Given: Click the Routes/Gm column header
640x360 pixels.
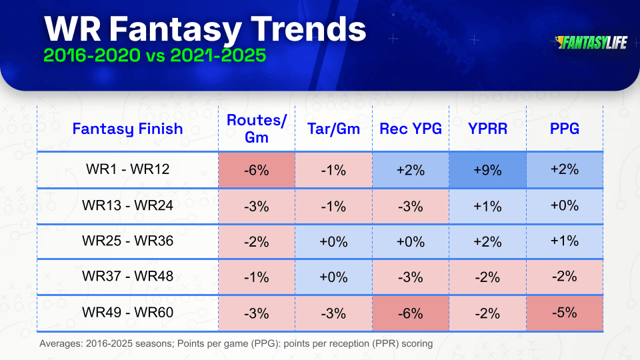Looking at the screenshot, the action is pos(256,129).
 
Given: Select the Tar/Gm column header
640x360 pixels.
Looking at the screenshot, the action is pos(333,129).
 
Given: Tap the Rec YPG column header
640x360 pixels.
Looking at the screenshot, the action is pos(411,129).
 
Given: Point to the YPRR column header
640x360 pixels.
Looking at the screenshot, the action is pos(487,129).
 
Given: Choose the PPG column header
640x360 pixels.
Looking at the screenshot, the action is pos(565,129).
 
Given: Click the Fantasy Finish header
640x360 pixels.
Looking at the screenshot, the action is pos(127,129).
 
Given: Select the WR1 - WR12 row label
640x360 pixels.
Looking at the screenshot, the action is pos(127,169).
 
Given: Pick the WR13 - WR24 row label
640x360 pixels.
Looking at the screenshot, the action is pos(127,205).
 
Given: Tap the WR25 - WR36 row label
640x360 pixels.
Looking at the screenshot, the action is pos(127,241).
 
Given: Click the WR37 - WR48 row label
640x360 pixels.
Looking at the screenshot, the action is pos(127,276).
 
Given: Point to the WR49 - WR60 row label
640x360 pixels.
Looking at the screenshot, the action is pos(127,312).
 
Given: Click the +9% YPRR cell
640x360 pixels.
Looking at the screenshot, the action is pos(487,170).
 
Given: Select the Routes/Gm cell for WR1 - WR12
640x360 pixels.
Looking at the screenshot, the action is pos(256,170).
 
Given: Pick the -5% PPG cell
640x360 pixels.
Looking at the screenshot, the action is pos(565,313).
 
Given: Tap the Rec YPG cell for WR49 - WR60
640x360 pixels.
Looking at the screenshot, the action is pos(411,313).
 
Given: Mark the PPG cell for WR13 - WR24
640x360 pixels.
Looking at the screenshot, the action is pos(565,206).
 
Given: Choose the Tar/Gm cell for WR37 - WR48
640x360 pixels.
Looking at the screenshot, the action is pos(333,277).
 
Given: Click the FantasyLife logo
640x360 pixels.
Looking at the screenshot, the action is pos(591,43).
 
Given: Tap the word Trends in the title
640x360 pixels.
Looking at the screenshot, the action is pos(308,29).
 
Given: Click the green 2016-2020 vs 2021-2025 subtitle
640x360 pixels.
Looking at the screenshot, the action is pos(155,55).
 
